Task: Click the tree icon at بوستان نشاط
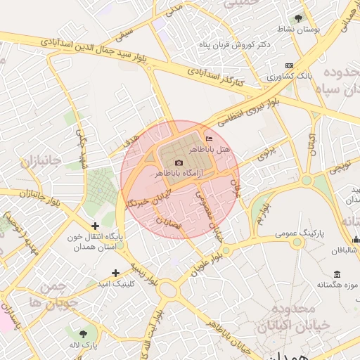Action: (299, 18)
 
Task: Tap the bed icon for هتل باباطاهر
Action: (207, 138)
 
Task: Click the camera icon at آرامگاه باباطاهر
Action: (179, 163)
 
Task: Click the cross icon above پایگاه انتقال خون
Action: (95, 226)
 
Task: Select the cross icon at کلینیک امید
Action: (115, 272)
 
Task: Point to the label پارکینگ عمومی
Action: (300, 231)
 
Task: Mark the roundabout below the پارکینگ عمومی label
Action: (299, 243)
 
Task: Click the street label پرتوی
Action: (268, 153)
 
